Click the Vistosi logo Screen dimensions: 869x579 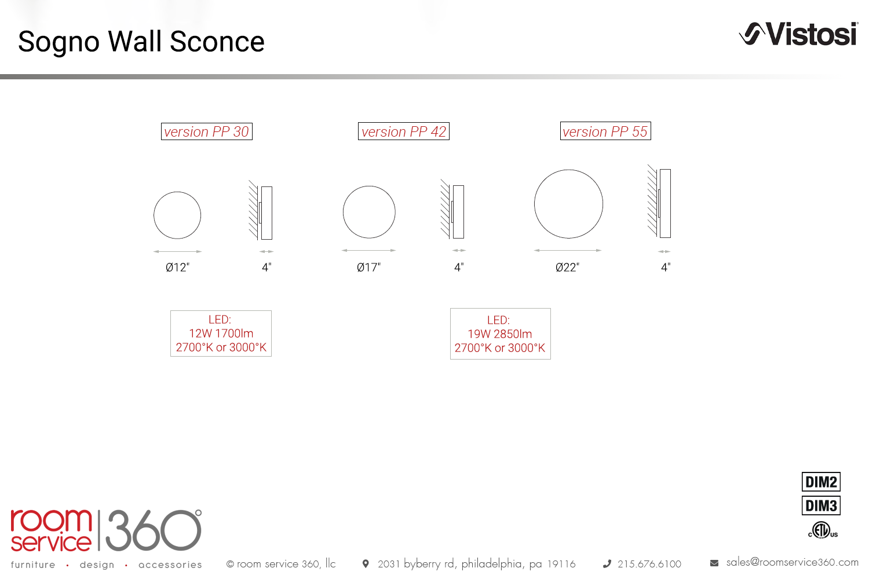coord(798,34)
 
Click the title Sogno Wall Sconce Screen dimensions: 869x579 coord(141,42)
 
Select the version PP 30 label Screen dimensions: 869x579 coord(207,131)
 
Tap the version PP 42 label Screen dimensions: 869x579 coord(403,131)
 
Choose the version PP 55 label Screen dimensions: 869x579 coord(605,131)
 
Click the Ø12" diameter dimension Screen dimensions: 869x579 coord(177,267)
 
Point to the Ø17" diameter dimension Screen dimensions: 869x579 coord(368,267)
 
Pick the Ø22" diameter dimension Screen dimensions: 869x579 coord(567,267)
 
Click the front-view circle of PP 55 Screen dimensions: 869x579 coord(534,204)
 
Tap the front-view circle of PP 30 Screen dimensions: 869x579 coord(154,215)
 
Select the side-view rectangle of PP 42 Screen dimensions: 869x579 coord(458,212)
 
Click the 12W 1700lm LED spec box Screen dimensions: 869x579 coord(221,334)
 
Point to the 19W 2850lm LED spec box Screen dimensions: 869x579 coord(500,334)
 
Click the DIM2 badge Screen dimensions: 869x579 coord(821,482)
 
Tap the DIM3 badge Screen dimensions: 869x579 coord(821,505)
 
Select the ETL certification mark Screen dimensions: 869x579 coord(823,530)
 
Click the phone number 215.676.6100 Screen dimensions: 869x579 coord(649,564)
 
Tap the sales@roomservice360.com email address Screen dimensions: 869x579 coord(792,562)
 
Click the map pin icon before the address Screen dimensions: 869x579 coord(366,563)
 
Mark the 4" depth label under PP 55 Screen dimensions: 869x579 coord(666,267)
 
